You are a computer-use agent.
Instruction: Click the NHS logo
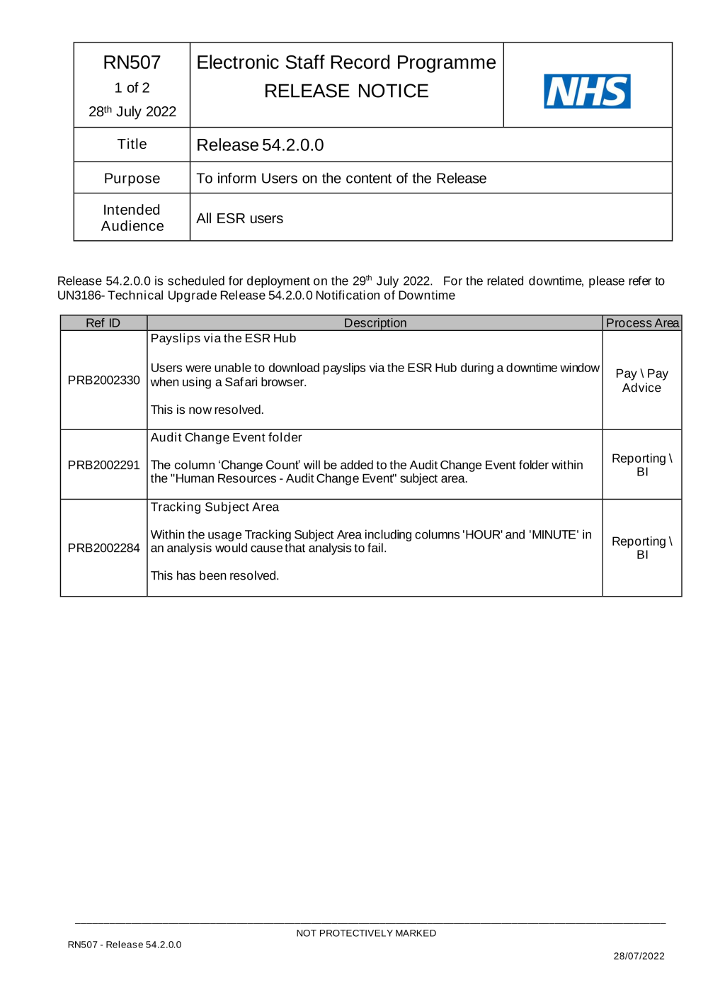point(587,91)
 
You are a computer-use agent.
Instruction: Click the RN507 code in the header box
point(132,62)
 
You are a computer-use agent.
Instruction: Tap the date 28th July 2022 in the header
point(132,111)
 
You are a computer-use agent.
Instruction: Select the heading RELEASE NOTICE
point(346,91)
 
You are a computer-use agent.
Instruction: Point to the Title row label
point(132,145)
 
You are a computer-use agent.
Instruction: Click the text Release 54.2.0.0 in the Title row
point(260,145)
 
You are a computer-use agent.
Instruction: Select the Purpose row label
point(132,179)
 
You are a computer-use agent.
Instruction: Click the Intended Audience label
point(132,218)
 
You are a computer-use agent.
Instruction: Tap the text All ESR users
point(239,219)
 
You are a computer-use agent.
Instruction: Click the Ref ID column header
point(103,323)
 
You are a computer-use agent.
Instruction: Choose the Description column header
point(375,323)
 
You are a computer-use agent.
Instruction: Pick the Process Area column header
point(642,323)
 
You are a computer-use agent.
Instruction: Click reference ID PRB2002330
point(104,381)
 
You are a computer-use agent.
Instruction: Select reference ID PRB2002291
point(104,466)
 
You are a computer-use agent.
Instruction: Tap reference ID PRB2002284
point(104,548)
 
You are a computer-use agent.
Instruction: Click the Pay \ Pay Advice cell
point(641,381)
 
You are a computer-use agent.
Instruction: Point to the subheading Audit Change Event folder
point(226,438)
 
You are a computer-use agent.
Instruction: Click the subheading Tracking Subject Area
point(215,507)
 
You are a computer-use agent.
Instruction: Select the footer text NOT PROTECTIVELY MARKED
point(366,933)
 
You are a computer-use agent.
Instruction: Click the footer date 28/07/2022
point(639,956)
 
